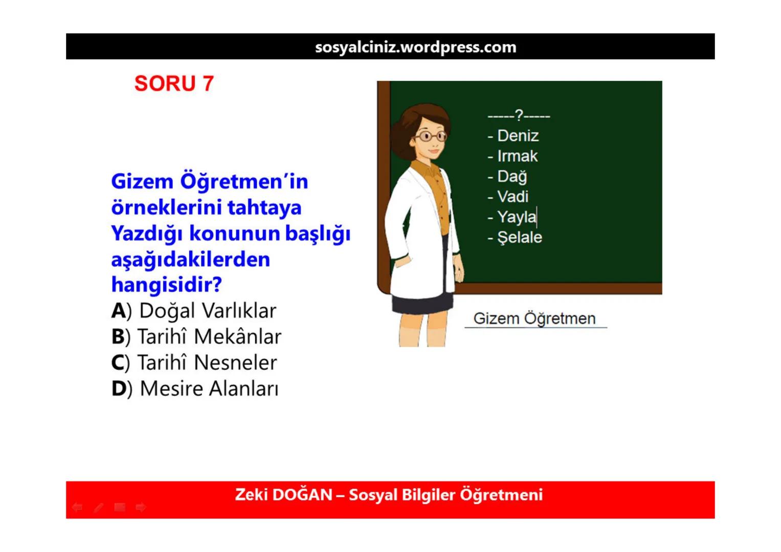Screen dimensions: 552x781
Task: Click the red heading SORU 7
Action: tap(174, 83)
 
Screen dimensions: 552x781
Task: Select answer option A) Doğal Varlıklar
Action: tap(194, 311)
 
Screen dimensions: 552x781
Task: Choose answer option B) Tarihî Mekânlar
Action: tap(196, 337)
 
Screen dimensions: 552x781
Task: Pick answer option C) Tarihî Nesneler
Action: tap(194, 363)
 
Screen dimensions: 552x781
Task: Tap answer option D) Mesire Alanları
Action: tap(195, 389)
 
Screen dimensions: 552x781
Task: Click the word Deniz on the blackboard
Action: tap(518, 136)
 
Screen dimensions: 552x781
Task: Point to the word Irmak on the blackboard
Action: tap(517, 156)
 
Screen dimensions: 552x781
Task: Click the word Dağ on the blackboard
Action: tap(512, 176)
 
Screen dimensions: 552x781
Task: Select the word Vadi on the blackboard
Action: tap(512, 197)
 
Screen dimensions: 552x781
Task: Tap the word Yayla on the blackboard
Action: tap(517, 217)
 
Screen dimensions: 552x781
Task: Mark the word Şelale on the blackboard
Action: tap(519, 238)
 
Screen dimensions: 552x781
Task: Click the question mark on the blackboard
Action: tap(519, 116)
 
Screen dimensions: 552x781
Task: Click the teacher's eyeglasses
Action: tap(430, 136)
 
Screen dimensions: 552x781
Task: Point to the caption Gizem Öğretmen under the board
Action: tap(534, 318)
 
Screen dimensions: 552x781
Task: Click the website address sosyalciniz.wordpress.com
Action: tap(415, 47)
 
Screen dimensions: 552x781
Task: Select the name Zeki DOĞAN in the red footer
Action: tap(283, 495)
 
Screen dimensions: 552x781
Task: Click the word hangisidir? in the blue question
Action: tap(167, 284)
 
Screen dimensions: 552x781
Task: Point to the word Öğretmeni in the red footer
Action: tap(501, 495)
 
